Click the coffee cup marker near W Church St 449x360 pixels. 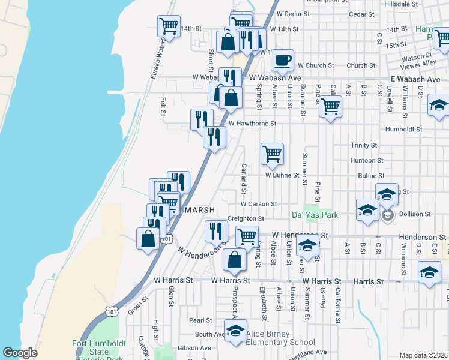[283, 61]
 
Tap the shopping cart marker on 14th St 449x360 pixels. [169, 26]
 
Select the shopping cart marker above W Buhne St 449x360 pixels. [272, 154]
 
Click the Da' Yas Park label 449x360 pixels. [315, 215]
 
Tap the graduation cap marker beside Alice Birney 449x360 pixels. [235, 331]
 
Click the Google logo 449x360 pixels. [20, 353]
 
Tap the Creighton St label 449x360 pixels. [246, 219]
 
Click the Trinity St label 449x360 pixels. [364, 145]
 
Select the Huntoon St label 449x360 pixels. [366, 161]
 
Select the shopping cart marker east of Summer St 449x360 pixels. [330, 107]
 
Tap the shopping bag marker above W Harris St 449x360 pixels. [235, 260]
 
